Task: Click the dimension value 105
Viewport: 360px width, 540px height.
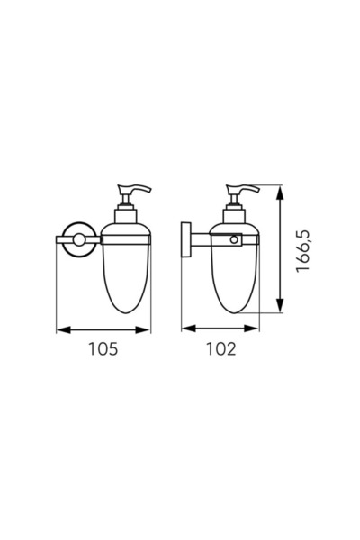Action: click(x=103, y=349)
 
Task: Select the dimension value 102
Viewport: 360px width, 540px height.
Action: click(x=221, y=349)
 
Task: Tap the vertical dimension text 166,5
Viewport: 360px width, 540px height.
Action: click(x=303, y=251)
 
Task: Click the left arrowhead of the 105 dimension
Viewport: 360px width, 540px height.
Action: click(x=63, y=330)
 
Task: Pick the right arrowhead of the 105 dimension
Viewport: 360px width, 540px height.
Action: click(x=143, y=330)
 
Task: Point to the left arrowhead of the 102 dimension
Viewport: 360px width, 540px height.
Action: click(x=189, y=328)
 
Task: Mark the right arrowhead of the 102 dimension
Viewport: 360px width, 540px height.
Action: click(x=251, y=328)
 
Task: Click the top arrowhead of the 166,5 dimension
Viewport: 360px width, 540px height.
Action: click(x=281, y=193)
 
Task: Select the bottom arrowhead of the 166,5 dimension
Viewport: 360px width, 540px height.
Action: click(x=281, y=305)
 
